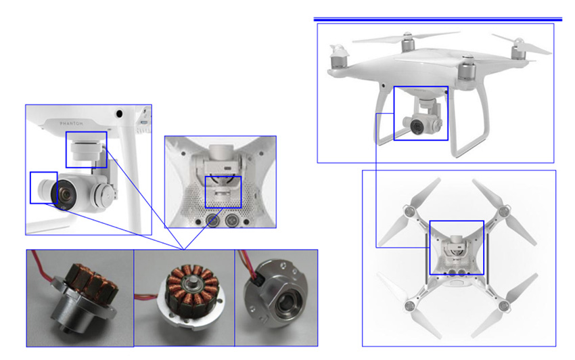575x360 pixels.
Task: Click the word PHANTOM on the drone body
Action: (x=71, y=123)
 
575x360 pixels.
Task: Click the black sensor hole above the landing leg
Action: (x=119, y=114)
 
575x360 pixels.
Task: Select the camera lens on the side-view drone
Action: (x=417, y=127)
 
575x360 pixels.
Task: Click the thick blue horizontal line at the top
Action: (x=438, y=19)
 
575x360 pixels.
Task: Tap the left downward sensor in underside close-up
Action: (x=212, y=220)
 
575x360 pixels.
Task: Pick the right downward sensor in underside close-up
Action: (x=232, y=220)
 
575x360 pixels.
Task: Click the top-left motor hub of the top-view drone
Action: (x=409, y=211)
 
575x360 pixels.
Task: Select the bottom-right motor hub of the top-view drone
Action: (x=503, y=305)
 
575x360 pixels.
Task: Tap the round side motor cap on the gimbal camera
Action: (x=103, y=194)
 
